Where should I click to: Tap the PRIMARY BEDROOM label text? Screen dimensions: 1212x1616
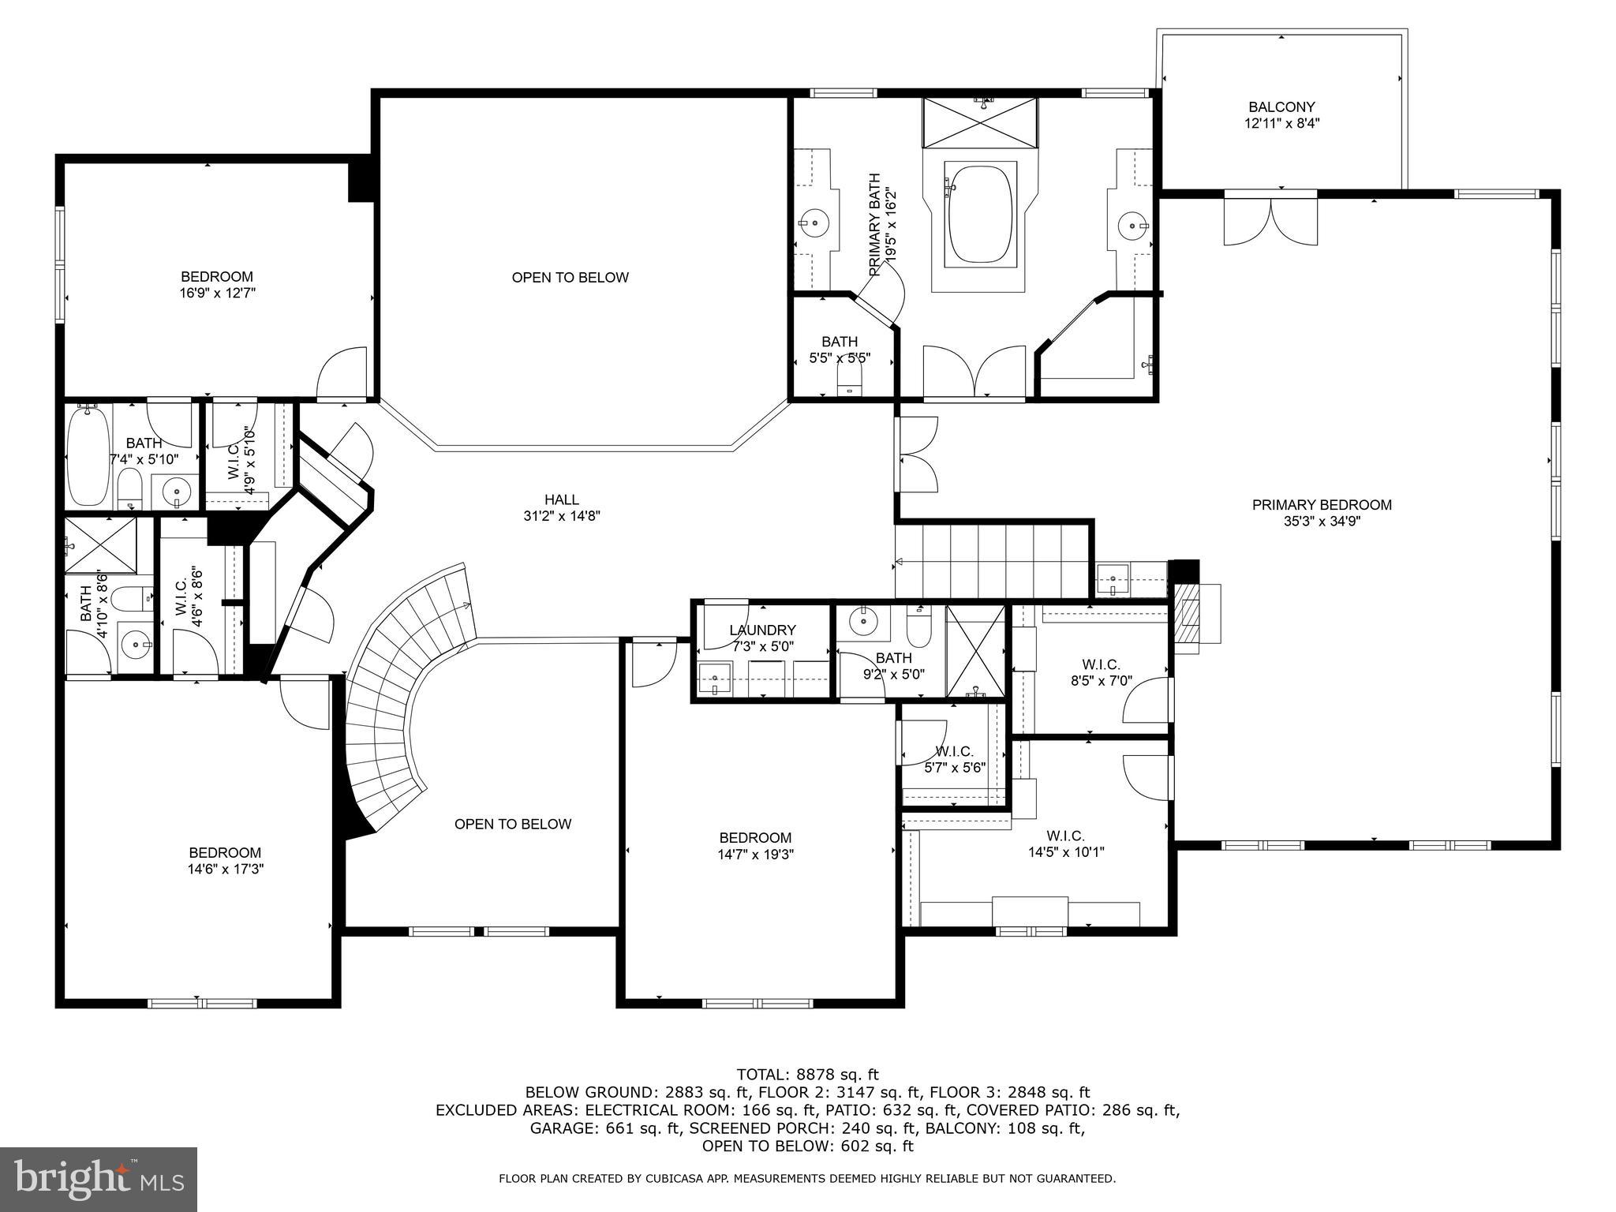1322,505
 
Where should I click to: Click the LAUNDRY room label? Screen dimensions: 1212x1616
762,630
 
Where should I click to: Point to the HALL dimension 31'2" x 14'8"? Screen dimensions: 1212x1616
561,516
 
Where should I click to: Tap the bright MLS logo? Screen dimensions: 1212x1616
98,1179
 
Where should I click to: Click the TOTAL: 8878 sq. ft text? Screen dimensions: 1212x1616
807,1074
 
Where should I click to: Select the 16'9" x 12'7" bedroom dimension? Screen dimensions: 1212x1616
217,293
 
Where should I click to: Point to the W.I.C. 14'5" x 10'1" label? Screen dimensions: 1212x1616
1065,844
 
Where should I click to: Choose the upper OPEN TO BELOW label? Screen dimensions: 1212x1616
570,278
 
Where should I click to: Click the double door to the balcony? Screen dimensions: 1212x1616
1270,221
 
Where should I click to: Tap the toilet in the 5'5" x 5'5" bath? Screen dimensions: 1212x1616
849,383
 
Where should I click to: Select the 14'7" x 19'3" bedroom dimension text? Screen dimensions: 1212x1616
755,854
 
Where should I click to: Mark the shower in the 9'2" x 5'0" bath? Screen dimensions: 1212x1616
975,652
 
